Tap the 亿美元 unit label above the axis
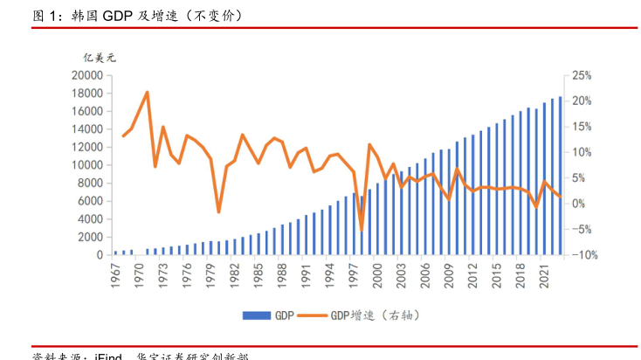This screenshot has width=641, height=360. (x=99, y=57)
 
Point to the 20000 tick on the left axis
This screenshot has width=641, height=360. (x=87, y=76)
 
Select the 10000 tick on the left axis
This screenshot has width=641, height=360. (x=87, y=165)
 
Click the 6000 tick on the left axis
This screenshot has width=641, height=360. (x=90, y=201)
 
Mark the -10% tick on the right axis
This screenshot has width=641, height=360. (x=581, y=255)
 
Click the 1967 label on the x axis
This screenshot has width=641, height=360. (x=115, y=273)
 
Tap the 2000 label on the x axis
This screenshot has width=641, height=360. (x=377, y=273)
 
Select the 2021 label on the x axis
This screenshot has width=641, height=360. (x=544, y=273)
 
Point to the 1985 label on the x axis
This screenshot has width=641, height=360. (x=258, y=273)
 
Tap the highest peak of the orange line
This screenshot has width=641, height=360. (x=147, y=92)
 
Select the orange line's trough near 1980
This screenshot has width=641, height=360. (x=218, y=212)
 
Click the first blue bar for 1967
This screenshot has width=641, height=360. (x=115, y=253)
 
